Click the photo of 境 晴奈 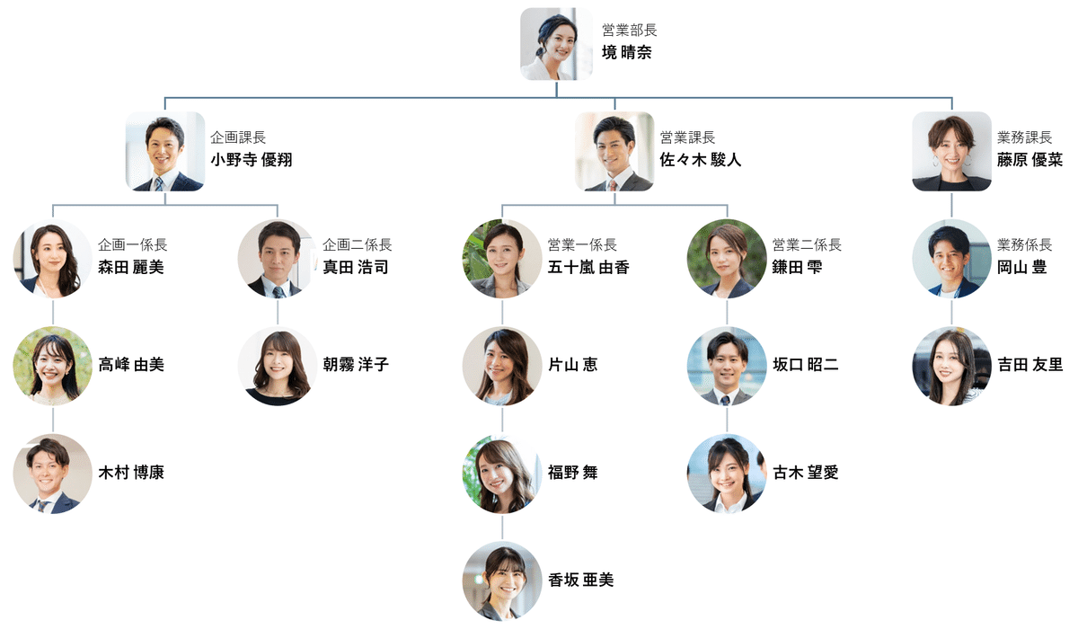click(556, 44)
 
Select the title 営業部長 click(630, 31)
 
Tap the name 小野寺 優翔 click(252, 160)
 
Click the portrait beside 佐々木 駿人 click(614, 151)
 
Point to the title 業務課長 click(1024, 137)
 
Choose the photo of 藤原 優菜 click(951, 151)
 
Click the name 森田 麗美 click(131, 267)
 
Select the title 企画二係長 click(358, 244)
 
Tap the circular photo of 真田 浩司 click(278, 259)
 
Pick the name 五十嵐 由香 click(588, 267)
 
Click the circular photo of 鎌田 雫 click(727, 259)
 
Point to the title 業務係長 click(1024, 244)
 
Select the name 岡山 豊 click(1021, 267)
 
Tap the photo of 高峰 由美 click(53, 366)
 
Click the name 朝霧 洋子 click(356, 365)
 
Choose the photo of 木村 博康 click(53, 474)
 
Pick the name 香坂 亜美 click(580, 580)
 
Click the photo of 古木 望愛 click(727, 474)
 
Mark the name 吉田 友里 click(1029, 365)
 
